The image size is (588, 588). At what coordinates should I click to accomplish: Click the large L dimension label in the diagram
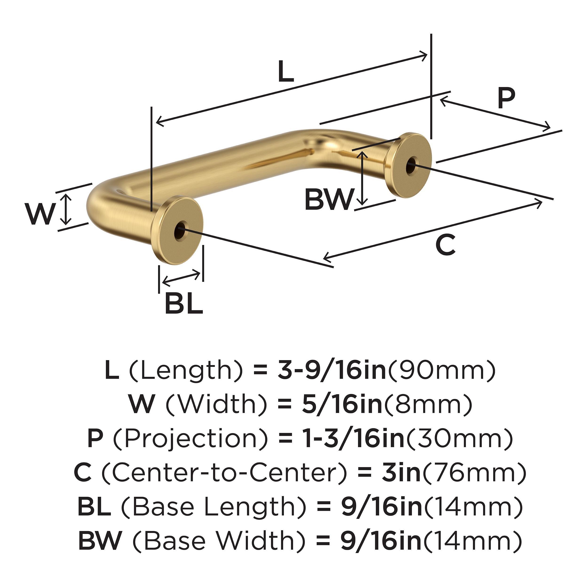click(286, 72)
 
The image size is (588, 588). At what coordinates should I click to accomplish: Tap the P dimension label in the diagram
click(506, 99)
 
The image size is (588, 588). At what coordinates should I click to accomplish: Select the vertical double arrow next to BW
click(362, 178)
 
